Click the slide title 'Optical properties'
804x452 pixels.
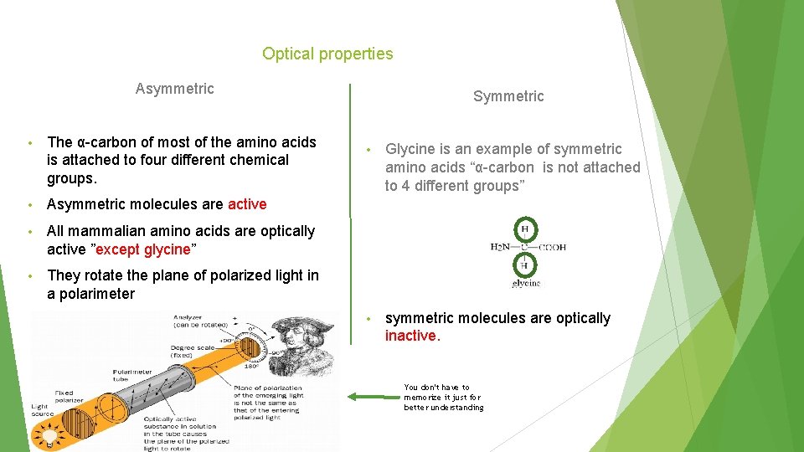[327, 54]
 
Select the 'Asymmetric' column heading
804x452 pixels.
[174, 89]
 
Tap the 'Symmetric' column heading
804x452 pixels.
[508, 96]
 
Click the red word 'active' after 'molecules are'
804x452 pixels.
[247, 204]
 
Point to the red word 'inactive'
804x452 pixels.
[410, 336]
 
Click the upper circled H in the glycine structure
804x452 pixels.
[524, 229]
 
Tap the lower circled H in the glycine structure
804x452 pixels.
[524, 265]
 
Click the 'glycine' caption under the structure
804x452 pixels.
[526, 283]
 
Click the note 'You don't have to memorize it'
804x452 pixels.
[443, 398]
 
